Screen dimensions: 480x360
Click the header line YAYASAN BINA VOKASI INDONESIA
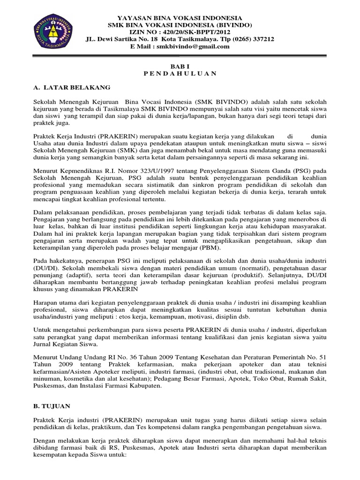point(180,17)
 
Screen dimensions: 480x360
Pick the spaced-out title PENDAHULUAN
point(180,73)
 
